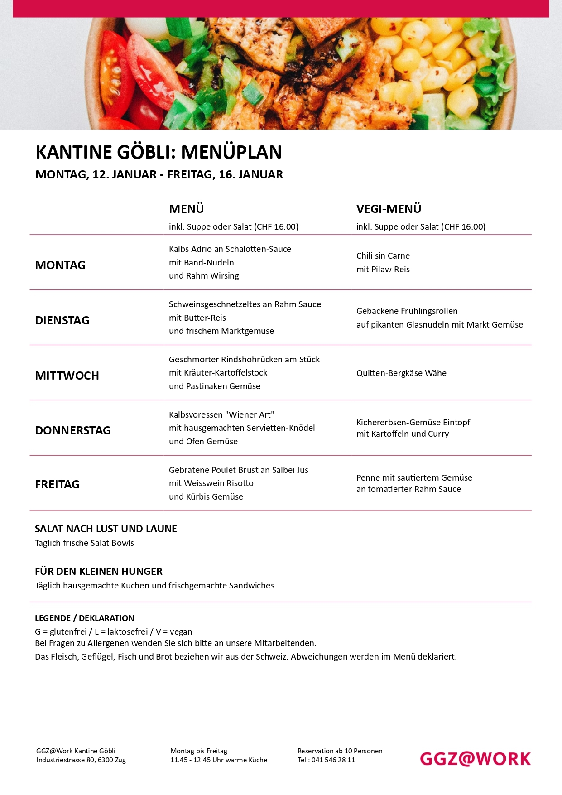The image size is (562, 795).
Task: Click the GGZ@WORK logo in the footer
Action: pos(475,759)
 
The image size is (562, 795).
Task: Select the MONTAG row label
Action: pos(60,265)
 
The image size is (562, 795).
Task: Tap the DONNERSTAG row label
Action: pos(73,430)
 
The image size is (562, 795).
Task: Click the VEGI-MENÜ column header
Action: pos(389,209)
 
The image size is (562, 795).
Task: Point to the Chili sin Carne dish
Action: pos(383,256)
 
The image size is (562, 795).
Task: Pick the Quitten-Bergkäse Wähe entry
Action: pos(401,373)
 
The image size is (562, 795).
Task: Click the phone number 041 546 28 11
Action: pos(333,760)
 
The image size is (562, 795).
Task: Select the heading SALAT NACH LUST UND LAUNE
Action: pos(106,529)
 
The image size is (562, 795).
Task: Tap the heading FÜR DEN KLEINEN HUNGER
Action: pos(98,571)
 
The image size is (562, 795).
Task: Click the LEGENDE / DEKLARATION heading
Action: pos(84,618)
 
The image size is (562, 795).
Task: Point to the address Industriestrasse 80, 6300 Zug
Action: pos(81,760)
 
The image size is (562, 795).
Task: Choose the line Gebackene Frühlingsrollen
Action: pos(407,311)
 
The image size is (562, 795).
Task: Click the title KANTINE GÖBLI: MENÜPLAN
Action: pos(159,152)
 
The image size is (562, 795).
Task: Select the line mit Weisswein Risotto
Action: pos(211,483)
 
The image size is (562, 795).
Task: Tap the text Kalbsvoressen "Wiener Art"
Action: pos(221,415)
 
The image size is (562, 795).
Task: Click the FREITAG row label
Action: pos(57,484)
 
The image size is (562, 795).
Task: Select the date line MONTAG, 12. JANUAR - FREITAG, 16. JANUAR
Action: pos(159,175)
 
